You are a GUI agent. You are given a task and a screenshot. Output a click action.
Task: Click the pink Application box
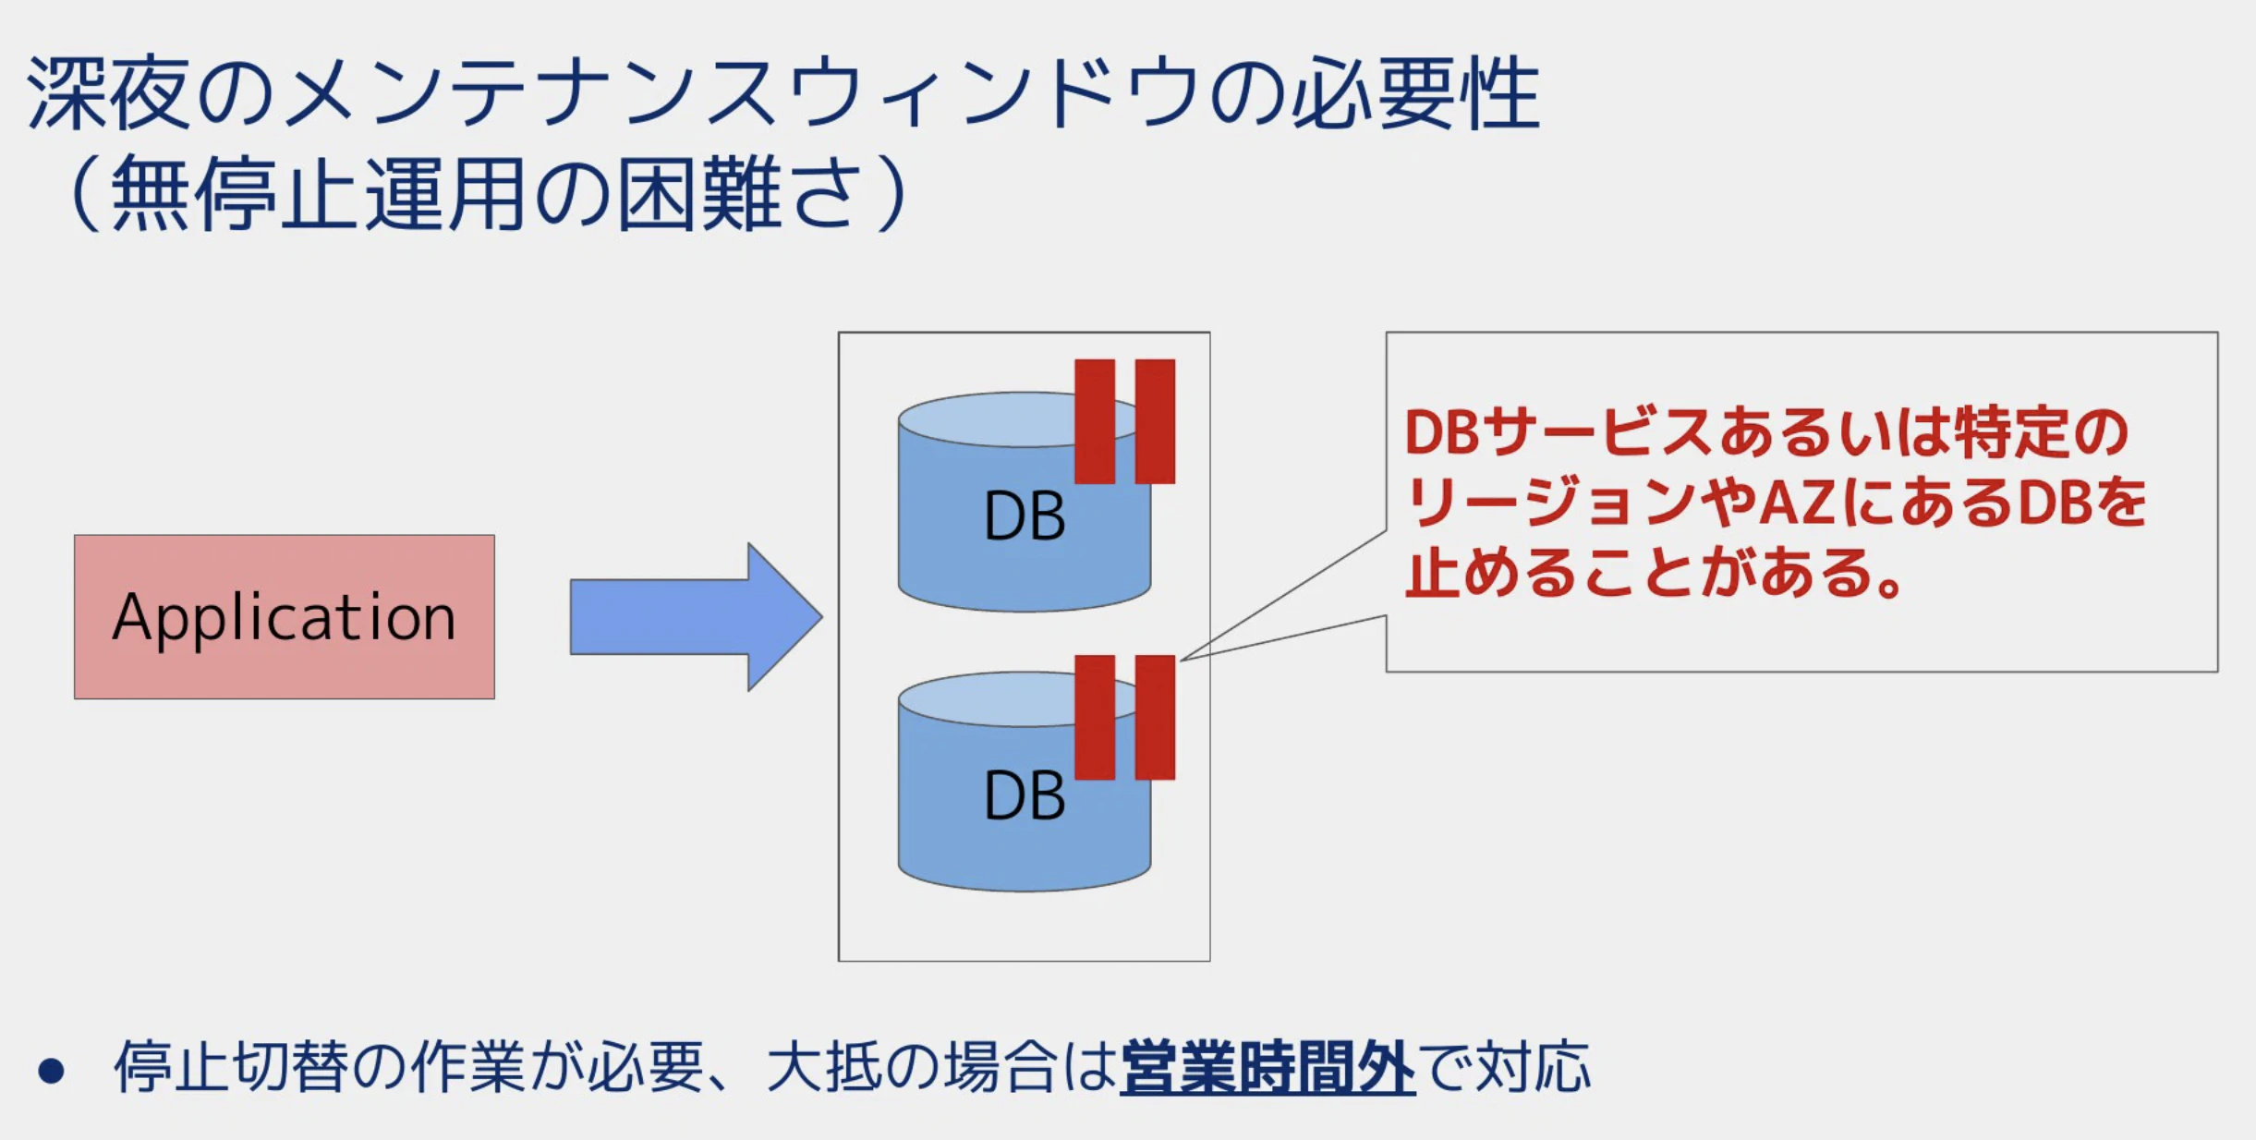[x=285, y=616]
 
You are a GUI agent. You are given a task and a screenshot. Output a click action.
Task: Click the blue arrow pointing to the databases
[x=696, y=617]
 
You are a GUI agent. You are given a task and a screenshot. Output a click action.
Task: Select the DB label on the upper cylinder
[x=1025, y=515]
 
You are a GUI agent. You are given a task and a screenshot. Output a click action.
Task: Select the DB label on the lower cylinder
[x=1025, y=795]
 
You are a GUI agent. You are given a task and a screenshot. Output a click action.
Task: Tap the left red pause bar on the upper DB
[x=1095, y=421]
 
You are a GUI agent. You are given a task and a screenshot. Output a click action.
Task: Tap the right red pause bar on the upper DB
[x=1155, y=421]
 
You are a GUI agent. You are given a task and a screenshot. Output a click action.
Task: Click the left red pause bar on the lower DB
[x=1095, y=718]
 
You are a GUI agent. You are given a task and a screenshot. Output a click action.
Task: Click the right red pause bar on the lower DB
[x=1155, y=718]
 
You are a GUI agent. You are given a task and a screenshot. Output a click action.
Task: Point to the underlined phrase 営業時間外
[x=1267, y=1068]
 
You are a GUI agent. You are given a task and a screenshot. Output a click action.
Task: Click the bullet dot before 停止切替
[x=52, y=1071]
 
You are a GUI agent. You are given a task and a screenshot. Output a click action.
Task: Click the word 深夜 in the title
[x=109, y=93]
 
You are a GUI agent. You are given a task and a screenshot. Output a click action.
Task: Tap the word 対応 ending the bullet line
[x=1533, y=1068]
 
